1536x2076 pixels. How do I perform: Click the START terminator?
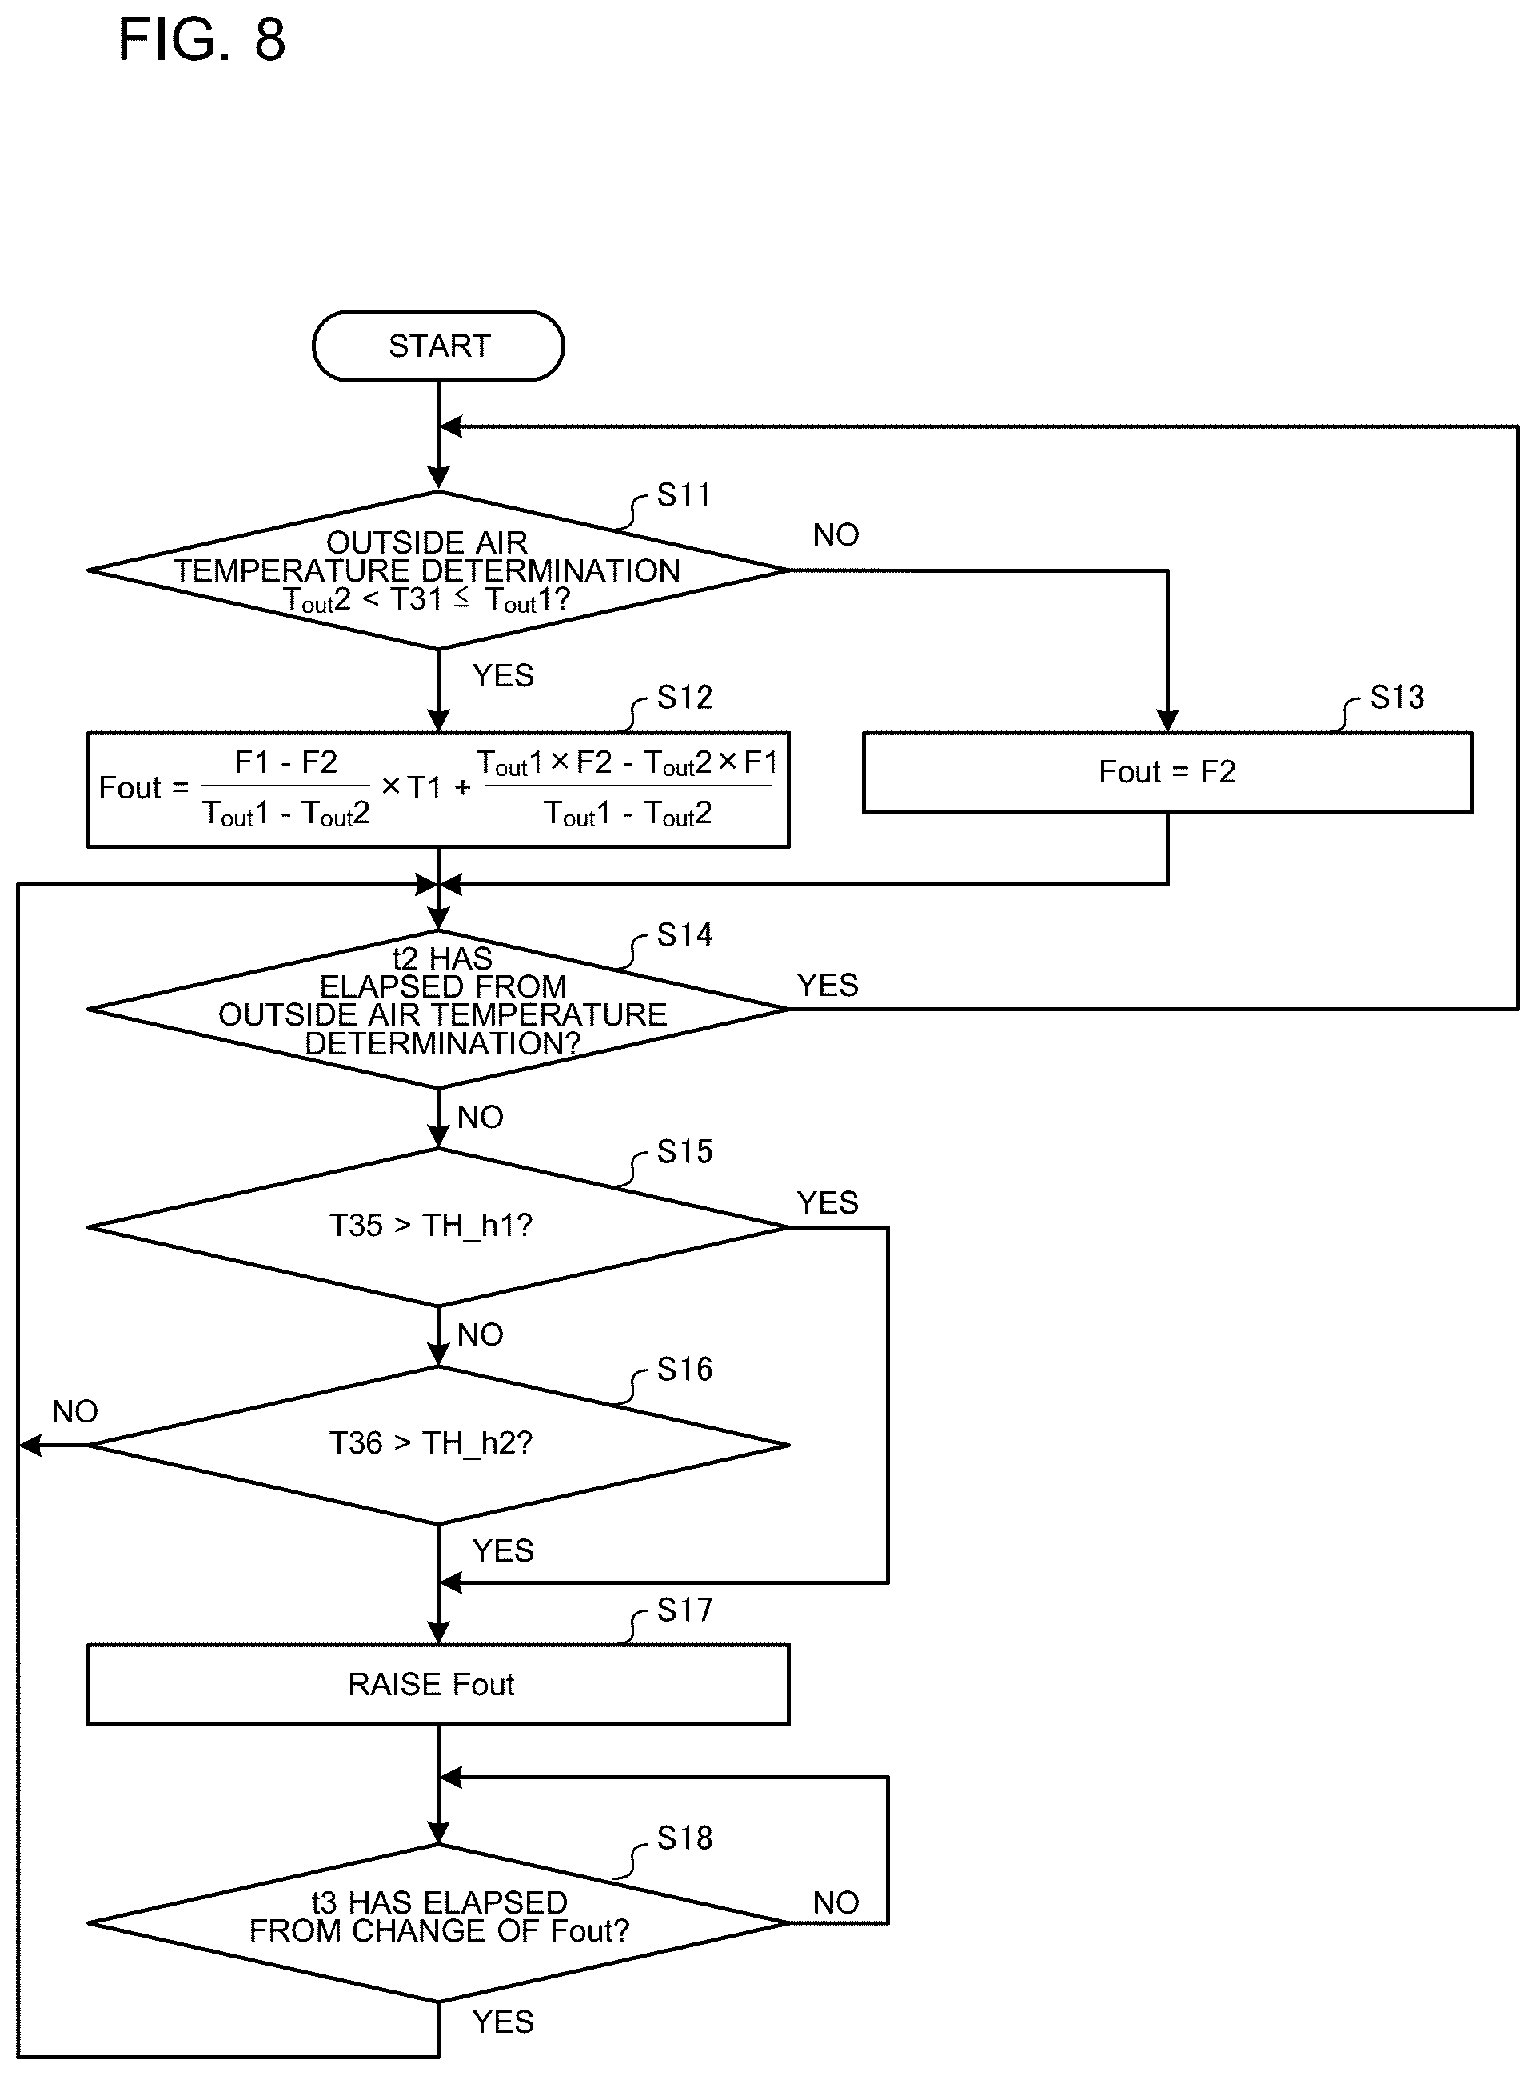point(438,346)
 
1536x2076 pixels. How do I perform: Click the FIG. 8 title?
point(201,40)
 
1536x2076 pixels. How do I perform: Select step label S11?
point(684,495)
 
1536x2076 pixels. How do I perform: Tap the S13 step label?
point(1397,698)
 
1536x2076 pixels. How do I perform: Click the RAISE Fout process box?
point(438,1685)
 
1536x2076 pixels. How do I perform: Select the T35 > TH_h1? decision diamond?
point(438,1228)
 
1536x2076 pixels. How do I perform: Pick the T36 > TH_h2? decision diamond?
point(438,1446)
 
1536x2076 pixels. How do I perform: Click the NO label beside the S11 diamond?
point(836,535)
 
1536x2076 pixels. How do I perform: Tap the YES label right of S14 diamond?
point(828,985)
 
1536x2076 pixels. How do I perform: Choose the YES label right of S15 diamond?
point(828,1202)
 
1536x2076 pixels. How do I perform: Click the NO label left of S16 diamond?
point(74,1412)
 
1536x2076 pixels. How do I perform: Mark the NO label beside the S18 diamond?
point(836,1903)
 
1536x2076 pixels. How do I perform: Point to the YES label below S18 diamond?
point(503,2022)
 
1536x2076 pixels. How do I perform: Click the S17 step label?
point(684,1610)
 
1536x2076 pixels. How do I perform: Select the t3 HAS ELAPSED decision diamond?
point(438,1923)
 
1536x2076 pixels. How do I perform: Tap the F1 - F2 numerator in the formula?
point(285,762)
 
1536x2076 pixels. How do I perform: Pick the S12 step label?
point(684,698)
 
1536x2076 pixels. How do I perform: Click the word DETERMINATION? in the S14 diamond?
point(443,1043)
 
